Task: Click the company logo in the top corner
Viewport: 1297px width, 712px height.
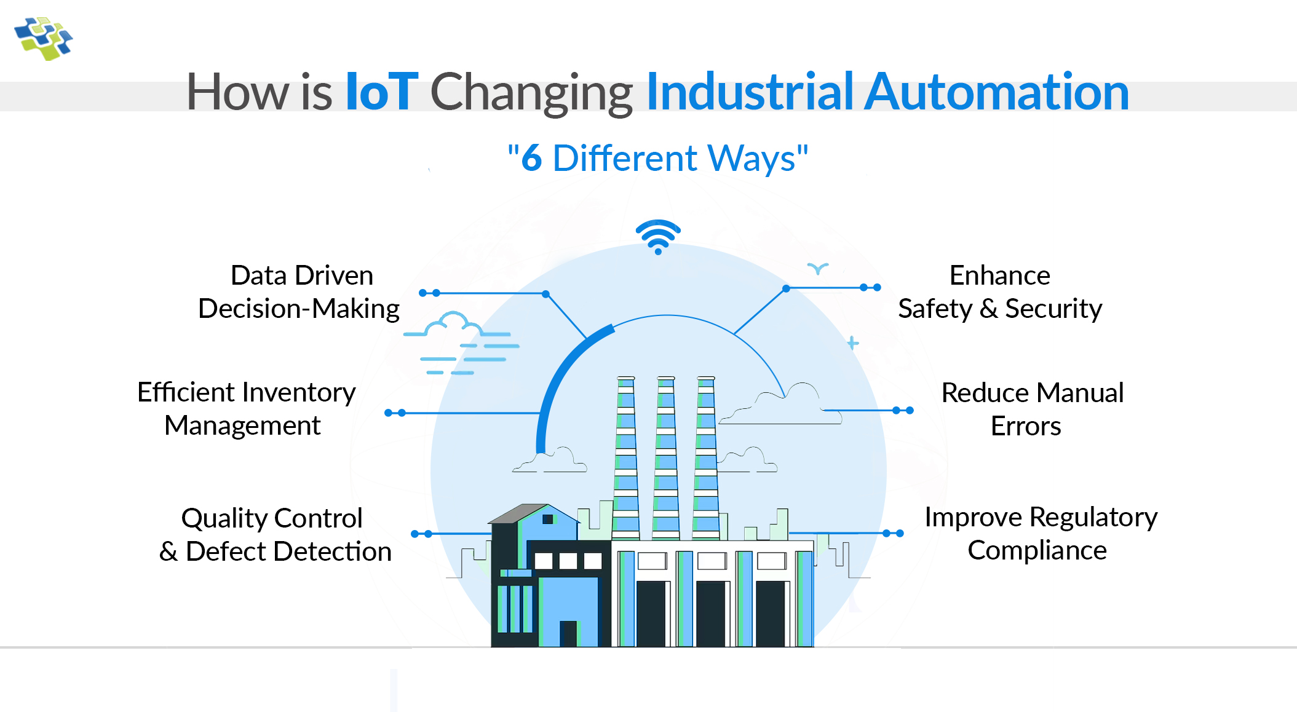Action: (43, 38)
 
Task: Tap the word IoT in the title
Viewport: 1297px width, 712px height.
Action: (381, 92)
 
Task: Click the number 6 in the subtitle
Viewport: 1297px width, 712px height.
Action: (531, 159)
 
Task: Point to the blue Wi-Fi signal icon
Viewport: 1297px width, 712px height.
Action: (658, 237)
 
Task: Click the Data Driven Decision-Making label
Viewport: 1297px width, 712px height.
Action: (299, 292)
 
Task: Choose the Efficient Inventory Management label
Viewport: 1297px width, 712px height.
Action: (245, 409)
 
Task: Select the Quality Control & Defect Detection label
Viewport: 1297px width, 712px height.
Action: (274, 535)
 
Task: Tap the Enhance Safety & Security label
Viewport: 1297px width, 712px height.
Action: (1000, 292)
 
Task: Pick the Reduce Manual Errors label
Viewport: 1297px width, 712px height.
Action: (1032, 409)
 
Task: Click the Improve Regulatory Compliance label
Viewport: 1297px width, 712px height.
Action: (1040, 534)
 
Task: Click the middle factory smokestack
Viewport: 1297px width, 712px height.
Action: (666, 455)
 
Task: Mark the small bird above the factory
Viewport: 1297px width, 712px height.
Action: (818, 268)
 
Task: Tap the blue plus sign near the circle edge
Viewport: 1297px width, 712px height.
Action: (852, 343)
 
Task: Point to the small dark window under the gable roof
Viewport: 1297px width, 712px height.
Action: (547, 519)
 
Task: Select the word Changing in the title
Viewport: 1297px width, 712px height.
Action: (531, 92)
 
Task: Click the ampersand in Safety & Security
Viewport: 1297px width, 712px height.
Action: (988, 309)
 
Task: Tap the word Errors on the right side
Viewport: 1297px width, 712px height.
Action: (1026, 426)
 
